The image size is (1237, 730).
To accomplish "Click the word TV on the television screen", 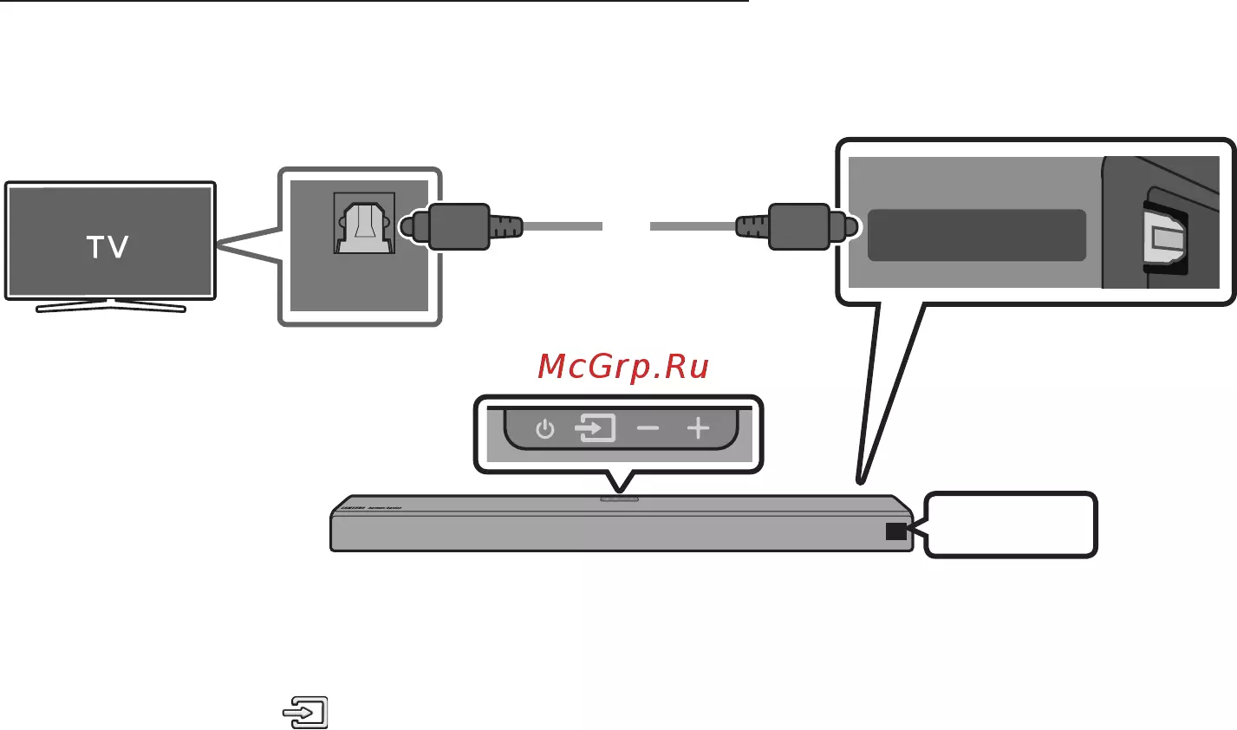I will pyautogui.click(x=108, y=248).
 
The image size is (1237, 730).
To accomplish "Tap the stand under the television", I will pyautogui.click(x=110, y=305).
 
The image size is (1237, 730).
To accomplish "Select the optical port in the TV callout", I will pyautogui.click(x=364, y=224).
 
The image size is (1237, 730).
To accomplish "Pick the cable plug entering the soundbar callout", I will pyautogui.click(x=798, y=226).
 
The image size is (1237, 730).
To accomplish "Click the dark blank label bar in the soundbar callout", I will pyautogui.click(x=976, y=235).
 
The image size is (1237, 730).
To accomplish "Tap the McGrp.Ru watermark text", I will pyautogui.click(x=623, y=368).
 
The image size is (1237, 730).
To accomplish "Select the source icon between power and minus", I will pyautogui.click(x=596, y=428).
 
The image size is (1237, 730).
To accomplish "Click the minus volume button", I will pyautogui.click(x=648, y=428).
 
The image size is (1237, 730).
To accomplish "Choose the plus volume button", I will pyautogui.click(x=698, y=428).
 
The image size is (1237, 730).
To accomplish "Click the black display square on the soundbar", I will pyautogui.click(x=895, y=531).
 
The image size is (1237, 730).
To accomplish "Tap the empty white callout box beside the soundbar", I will pyautogui.click(x=1011, y=525).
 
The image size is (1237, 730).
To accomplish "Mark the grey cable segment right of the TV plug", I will pyautogui.click(x=563, y=226).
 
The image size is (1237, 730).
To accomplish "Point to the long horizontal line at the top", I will pyautogui.click(x=373, y=2).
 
